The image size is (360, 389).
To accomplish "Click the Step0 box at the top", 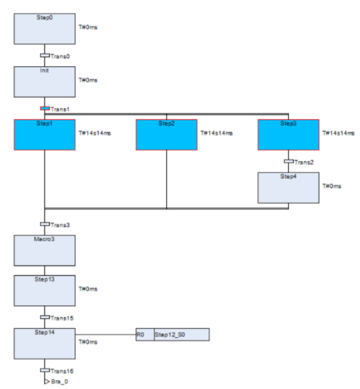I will [44, 29].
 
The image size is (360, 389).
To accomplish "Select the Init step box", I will [44, 81].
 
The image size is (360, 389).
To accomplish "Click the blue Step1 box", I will [44, 134].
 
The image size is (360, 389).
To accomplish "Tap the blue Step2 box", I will [166, 134].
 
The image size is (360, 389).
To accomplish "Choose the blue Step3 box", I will [288, 134].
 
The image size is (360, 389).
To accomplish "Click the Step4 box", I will [288, 187].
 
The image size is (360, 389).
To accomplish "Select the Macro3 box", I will [44, 250].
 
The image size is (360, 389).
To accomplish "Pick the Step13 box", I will [44, 289].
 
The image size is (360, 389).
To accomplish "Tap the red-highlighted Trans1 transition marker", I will [44, 108].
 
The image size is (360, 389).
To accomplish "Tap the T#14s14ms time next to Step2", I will [216, 133].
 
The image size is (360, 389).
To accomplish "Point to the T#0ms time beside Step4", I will [331, 186].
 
